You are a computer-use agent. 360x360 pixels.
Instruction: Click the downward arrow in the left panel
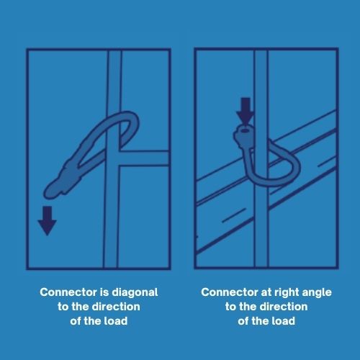(48, 221)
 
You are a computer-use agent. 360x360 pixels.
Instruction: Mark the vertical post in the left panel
(111, 209)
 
